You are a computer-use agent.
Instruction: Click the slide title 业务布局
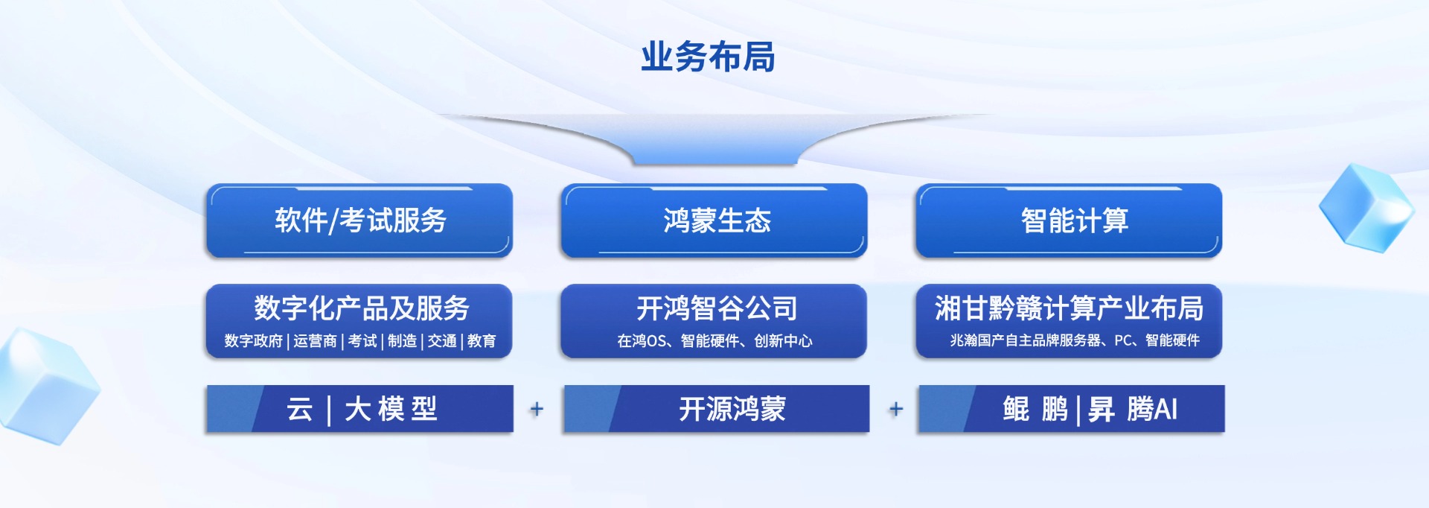pyautogui.click(x=708, y=57)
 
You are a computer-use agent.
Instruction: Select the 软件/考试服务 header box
pyautogui.click(x=359, y=220)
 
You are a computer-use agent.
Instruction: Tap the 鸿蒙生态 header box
pyautogui.click(x=714, y=220)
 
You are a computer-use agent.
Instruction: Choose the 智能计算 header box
pyautogui.click(x=1069, y=220)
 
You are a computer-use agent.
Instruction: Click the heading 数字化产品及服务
pyautogui.click(x=362, y=308)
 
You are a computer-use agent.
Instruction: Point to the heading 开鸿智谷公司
pyautogui.click(x=717, y=308)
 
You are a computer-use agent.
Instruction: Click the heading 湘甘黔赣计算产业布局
pyautogui.click(x=1070, y=308)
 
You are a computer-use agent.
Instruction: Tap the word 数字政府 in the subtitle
pyautogui.click(x=254, y=341)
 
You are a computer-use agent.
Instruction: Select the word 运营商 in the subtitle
pyautogui.click(x=315, y=341)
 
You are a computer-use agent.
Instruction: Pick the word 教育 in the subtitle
pyautogui.click(x=482, y=341)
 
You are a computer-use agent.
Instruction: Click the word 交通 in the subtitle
pyautogui.click(x=442, y=341)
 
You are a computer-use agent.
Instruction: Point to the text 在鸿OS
pyautogui.click(x=642, y=341)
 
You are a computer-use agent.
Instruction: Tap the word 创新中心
pyautogui.click(x=783, y=341)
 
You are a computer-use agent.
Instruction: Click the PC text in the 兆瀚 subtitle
pyautogui.click(x=1122, y=340)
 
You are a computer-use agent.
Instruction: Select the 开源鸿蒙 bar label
pyautogui.click(x=732, y=409)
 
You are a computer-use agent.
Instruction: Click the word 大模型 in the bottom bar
pyautogui.click(x=391, y=409)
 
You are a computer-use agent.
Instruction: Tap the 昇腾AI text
pyautogui.click(x=1133, y=409)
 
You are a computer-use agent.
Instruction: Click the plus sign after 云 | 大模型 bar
pyautogui.click(x=537, y=409)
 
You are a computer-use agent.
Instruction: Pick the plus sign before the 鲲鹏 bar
pyautogui.click(x=896, y=409)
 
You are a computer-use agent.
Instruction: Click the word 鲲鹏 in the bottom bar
pyautogui.click(x=1035, y=409)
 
